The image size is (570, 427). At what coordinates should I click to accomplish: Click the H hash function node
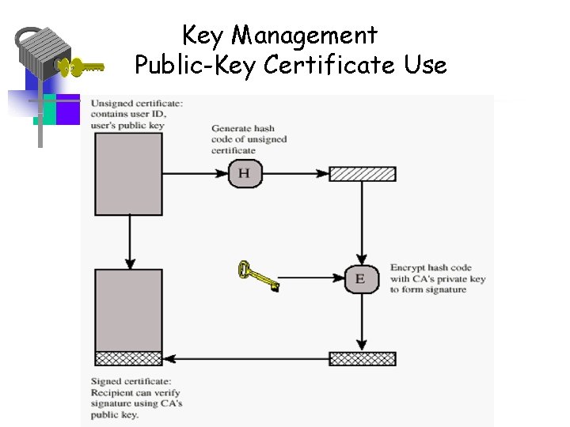click(245, 173)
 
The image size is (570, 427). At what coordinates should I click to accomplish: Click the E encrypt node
click(361, 278)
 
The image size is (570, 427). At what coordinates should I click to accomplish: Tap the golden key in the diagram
click(258, 277)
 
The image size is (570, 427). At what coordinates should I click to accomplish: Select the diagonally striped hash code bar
click(362, 174)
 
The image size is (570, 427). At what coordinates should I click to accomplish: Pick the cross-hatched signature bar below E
click(362, 358)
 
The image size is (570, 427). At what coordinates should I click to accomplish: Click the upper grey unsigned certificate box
click(128, 174)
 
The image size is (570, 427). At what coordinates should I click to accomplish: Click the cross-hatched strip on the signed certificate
click(128, 358)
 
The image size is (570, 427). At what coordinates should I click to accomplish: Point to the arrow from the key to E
click(313, 278)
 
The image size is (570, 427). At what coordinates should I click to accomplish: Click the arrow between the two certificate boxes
click(128, 242)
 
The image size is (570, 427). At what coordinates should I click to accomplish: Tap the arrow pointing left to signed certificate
click(245, 358)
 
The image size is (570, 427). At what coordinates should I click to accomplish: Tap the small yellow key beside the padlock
click(83, 67)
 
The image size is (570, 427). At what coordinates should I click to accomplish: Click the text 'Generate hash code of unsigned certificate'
click(249, 139)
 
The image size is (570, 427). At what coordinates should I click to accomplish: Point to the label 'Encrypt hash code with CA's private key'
click(437, 278)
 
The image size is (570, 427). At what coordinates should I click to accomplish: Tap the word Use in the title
click(425, 65)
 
